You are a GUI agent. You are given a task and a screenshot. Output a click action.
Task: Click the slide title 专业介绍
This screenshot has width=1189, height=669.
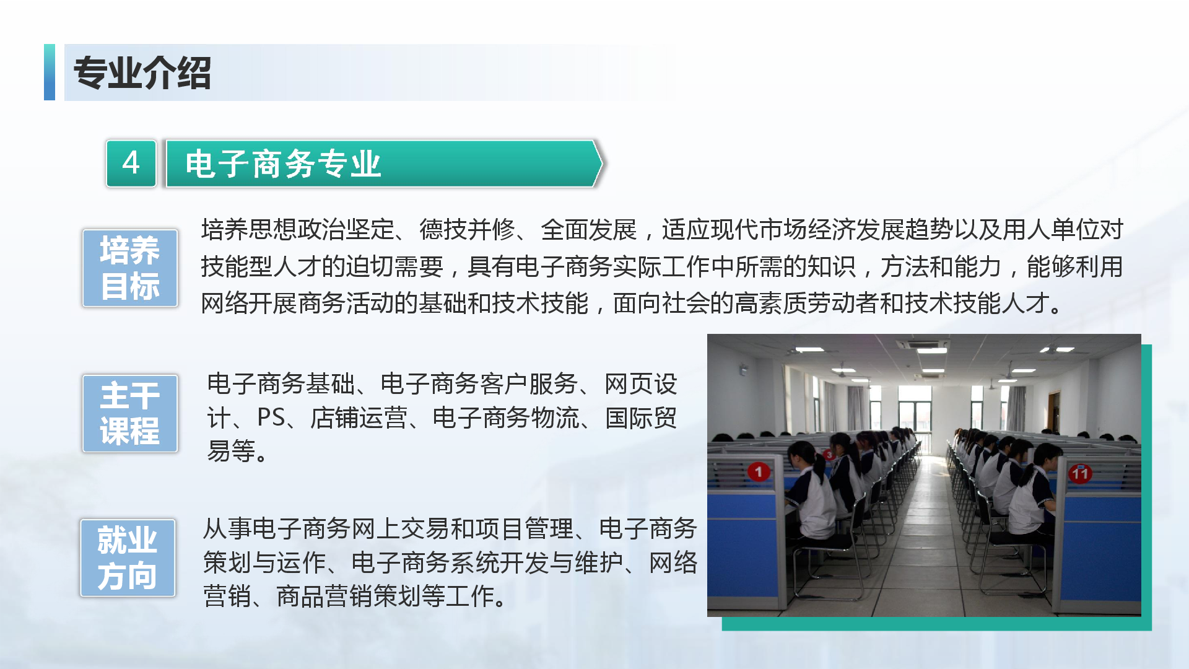pyautogui.click(x=142, y=73)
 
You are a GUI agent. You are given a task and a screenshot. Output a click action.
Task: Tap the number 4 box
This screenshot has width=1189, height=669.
pyautogui.click(x=131, y=164)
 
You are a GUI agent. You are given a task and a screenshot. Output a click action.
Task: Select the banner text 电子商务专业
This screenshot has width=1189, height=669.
pyautogui.click(x=283, y=164)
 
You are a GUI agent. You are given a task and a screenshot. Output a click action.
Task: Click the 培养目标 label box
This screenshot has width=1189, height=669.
pyautogui.click(x=130, y=268)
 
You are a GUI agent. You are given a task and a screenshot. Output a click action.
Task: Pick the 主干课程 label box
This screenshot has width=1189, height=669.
pyautogui.click(x=130, y=413)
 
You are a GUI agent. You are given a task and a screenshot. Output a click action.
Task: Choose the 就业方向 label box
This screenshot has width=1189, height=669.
pyautogui.click(x=128, y=557)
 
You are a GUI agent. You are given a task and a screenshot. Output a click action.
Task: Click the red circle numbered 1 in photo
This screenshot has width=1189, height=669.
pyautogui.click(x=759, y=471)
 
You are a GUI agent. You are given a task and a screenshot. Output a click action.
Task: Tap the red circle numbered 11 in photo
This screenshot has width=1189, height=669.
pyautogui.click(x=1080, y=474)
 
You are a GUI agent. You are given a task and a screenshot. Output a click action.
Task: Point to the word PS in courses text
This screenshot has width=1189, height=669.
pyautogui.click(x=271, y=418)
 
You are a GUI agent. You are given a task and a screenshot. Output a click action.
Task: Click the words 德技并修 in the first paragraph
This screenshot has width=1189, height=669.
pyautogui.click(x=468, y=230)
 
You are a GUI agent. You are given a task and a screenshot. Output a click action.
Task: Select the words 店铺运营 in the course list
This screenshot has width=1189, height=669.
pyautogui.click(x=359, y=418)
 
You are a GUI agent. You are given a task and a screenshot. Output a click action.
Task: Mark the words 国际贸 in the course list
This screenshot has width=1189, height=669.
pyautogui.click(x=641, y=418)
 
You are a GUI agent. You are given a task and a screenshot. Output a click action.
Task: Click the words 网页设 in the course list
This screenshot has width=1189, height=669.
pyautogui.click(x=641, y=384)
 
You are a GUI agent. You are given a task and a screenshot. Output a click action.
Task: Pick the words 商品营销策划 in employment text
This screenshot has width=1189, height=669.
pyautogui.click(x=349, y=596)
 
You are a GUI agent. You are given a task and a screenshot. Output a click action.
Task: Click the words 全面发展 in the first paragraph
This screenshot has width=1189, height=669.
pyautogui.click(x=588, y=230)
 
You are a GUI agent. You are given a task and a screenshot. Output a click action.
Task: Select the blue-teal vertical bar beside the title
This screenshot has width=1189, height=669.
pyautogui.click(x=50, y=72)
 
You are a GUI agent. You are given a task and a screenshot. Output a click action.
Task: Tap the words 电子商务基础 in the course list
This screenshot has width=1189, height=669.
pyautogui.click(x=281, y=384)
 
